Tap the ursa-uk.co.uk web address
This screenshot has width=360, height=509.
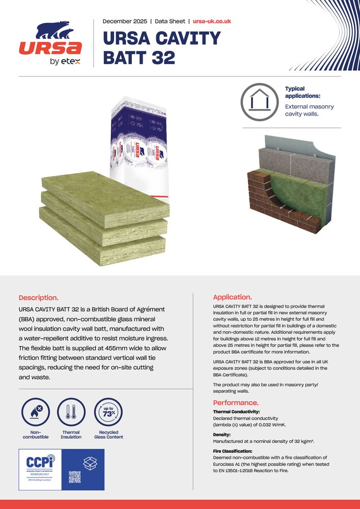pyautogui.click(x=212, y=21)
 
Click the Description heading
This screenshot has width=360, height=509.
pyautogui.click(x=39, y=297)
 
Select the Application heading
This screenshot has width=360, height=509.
pyautogui.click(x=232, y=297)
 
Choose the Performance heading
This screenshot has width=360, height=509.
pyautogui.click(x=236, y=403)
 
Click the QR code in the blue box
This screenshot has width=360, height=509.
pyautogui.click(x=75, y=477)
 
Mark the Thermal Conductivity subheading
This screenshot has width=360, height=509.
pyautogui.click(x=236, y=411)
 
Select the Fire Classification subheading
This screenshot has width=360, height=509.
pyautogui.click(x=234, y=451)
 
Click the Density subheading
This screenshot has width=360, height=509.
pyautogui.click(x=221, y=435)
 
